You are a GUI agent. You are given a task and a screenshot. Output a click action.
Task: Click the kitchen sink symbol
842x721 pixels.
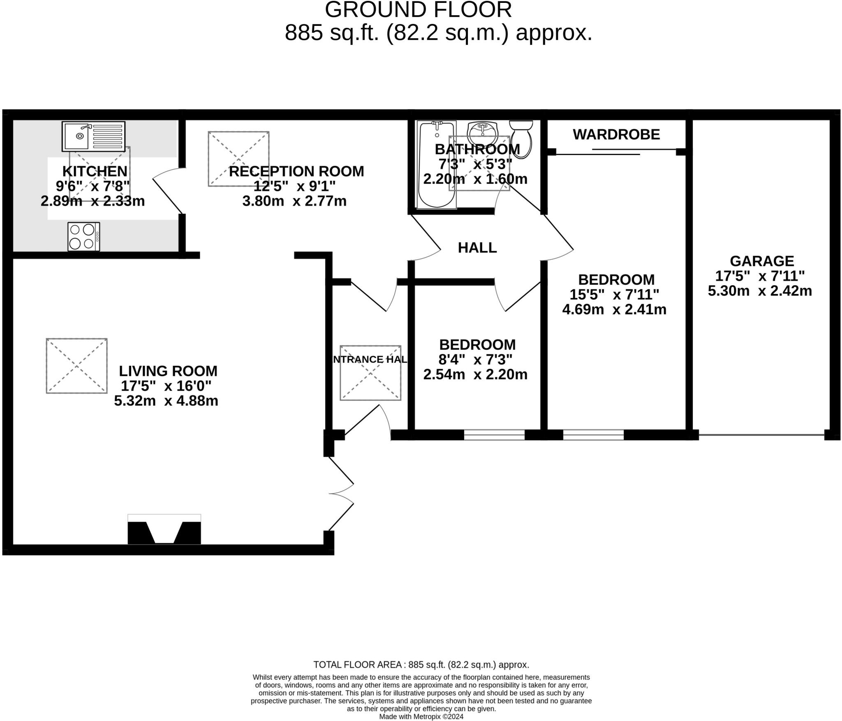93,136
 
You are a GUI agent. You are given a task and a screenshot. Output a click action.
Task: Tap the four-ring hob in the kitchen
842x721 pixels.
84,236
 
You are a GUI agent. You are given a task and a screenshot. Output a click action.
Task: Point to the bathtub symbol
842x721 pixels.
437,164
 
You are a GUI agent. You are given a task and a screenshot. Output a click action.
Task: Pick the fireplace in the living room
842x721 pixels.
164,531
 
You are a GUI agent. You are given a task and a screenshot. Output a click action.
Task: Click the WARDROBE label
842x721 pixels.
616,134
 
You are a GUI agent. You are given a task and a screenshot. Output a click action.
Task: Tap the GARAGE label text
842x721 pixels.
761,261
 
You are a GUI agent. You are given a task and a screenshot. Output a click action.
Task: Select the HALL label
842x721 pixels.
477,248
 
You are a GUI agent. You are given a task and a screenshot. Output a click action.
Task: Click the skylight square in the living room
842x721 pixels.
77,366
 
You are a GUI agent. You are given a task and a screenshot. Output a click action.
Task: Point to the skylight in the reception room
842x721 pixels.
238,159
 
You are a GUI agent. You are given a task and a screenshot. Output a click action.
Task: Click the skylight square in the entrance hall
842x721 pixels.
370,373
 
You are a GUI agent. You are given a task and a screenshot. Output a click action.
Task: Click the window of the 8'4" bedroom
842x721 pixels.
494,435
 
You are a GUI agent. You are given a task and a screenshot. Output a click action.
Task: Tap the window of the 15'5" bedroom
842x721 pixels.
593,435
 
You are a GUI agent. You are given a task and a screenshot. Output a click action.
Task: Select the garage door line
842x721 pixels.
761,434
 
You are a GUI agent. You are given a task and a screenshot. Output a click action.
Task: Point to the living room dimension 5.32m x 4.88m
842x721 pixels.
166,401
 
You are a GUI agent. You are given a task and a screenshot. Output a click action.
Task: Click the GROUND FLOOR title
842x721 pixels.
418,10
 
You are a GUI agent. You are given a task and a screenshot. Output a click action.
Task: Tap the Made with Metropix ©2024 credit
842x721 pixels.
421,716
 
